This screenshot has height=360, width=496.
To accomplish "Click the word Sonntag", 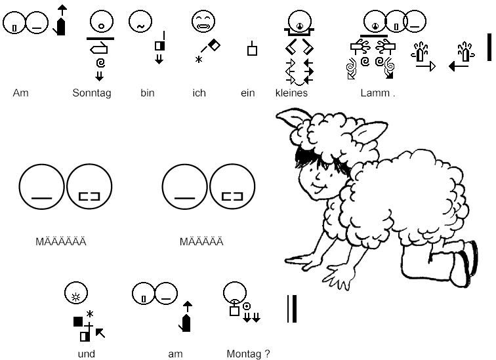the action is coord(92,93).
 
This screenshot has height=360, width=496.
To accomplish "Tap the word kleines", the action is coord(291,93).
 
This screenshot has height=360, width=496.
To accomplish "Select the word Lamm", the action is coord(375,93).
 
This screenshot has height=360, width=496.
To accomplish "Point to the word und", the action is coord(87,354).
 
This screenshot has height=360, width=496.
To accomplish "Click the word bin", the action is coord(148,93).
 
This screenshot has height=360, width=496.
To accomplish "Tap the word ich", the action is coord(199,93).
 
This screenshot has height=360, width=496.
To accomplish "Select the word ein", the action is coord(248,93).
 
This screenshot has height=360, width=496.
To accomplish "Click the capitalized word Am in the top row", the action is coord(20,93).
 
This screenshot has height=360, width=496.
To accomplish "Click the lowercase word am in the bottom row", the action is coord(175,354).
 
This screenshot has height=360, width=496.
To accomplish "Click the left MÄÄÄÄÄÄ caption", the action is coord(61,241).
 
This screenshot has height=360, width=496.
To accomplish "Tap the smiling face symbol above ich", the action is coord(203,22).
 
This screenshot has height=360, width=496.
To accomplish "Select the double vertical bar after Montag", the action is coord(292,309).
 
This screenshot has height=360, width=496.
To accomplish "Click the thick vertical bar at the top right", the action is coord(489,47).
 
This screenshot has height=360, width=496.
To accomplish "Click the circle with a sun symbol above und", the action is coord(76,293).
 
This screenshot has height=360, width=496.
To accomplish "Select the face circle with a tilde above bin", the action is coord(140,22).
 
